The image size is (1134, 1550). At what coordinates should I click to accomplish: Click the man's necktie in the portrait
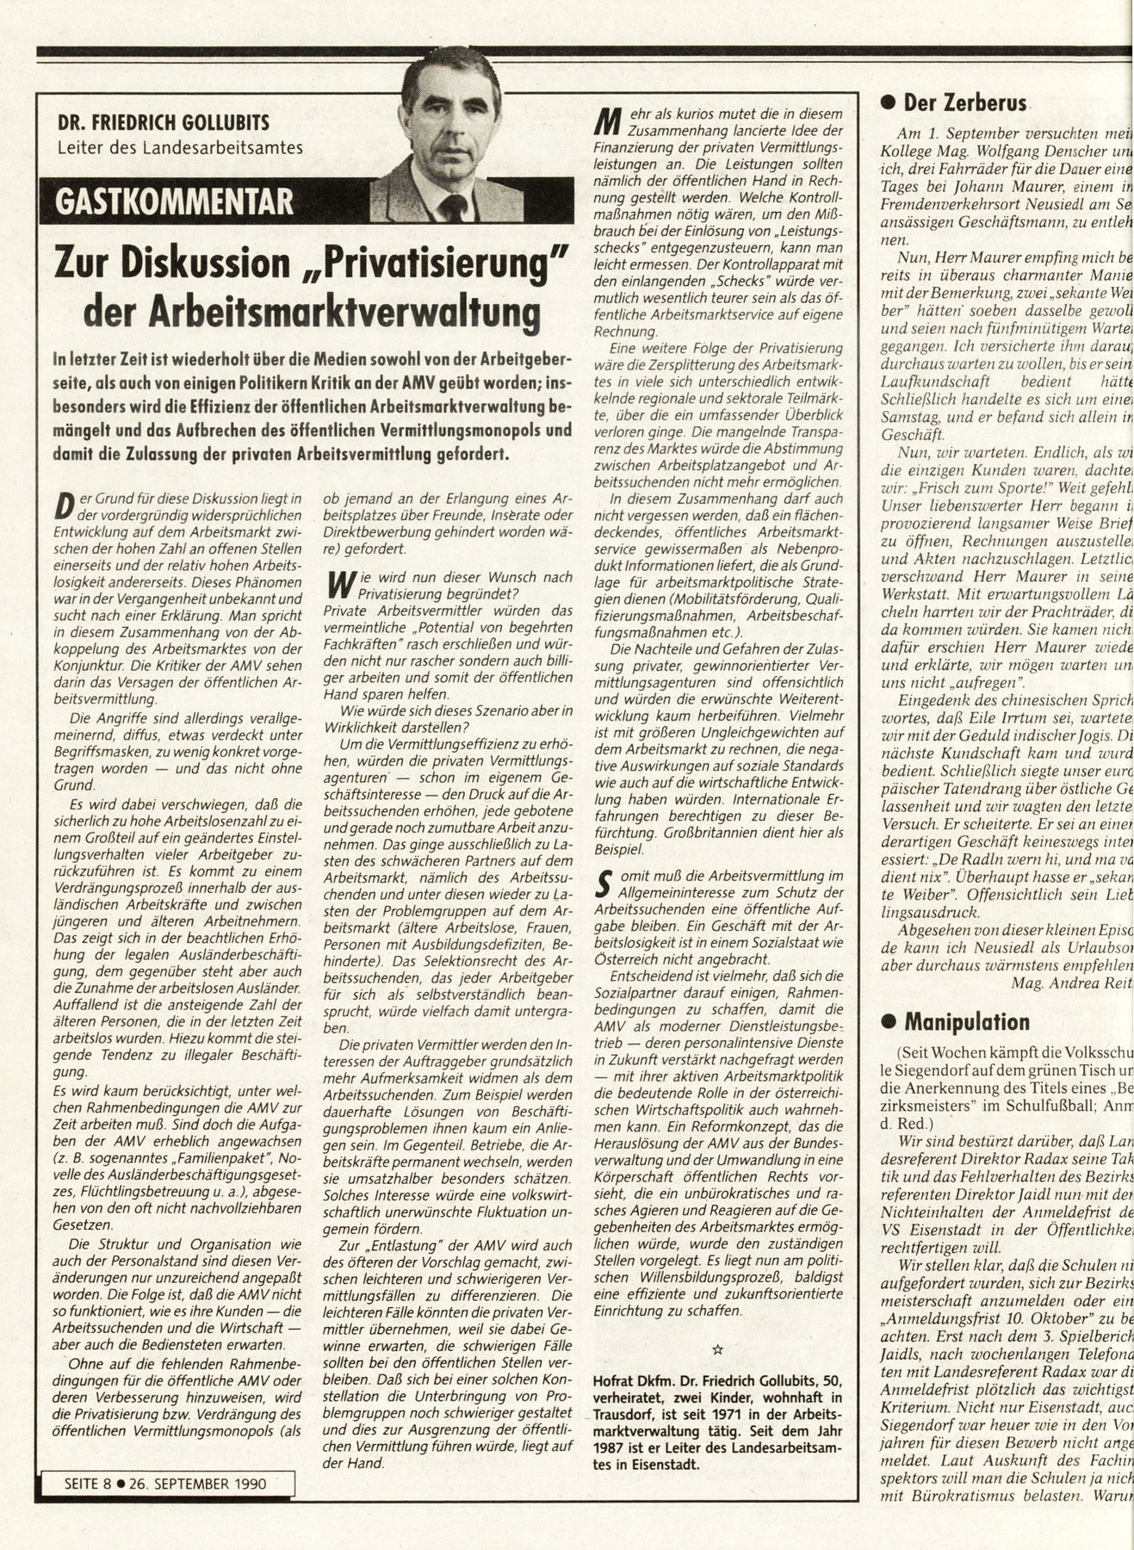coord(453,207)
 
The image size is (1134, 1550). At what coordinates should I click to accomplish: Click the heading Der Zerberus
coord(964,104)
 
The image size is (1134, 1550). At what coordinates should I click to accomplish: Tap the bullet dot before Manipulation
coord(888,1023)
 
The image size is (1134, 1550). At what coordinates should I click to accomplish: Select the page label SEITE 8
coord(89,1484)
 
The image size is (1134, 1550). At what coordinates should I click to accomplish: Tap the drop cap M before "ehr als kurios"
coord(608,121)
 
